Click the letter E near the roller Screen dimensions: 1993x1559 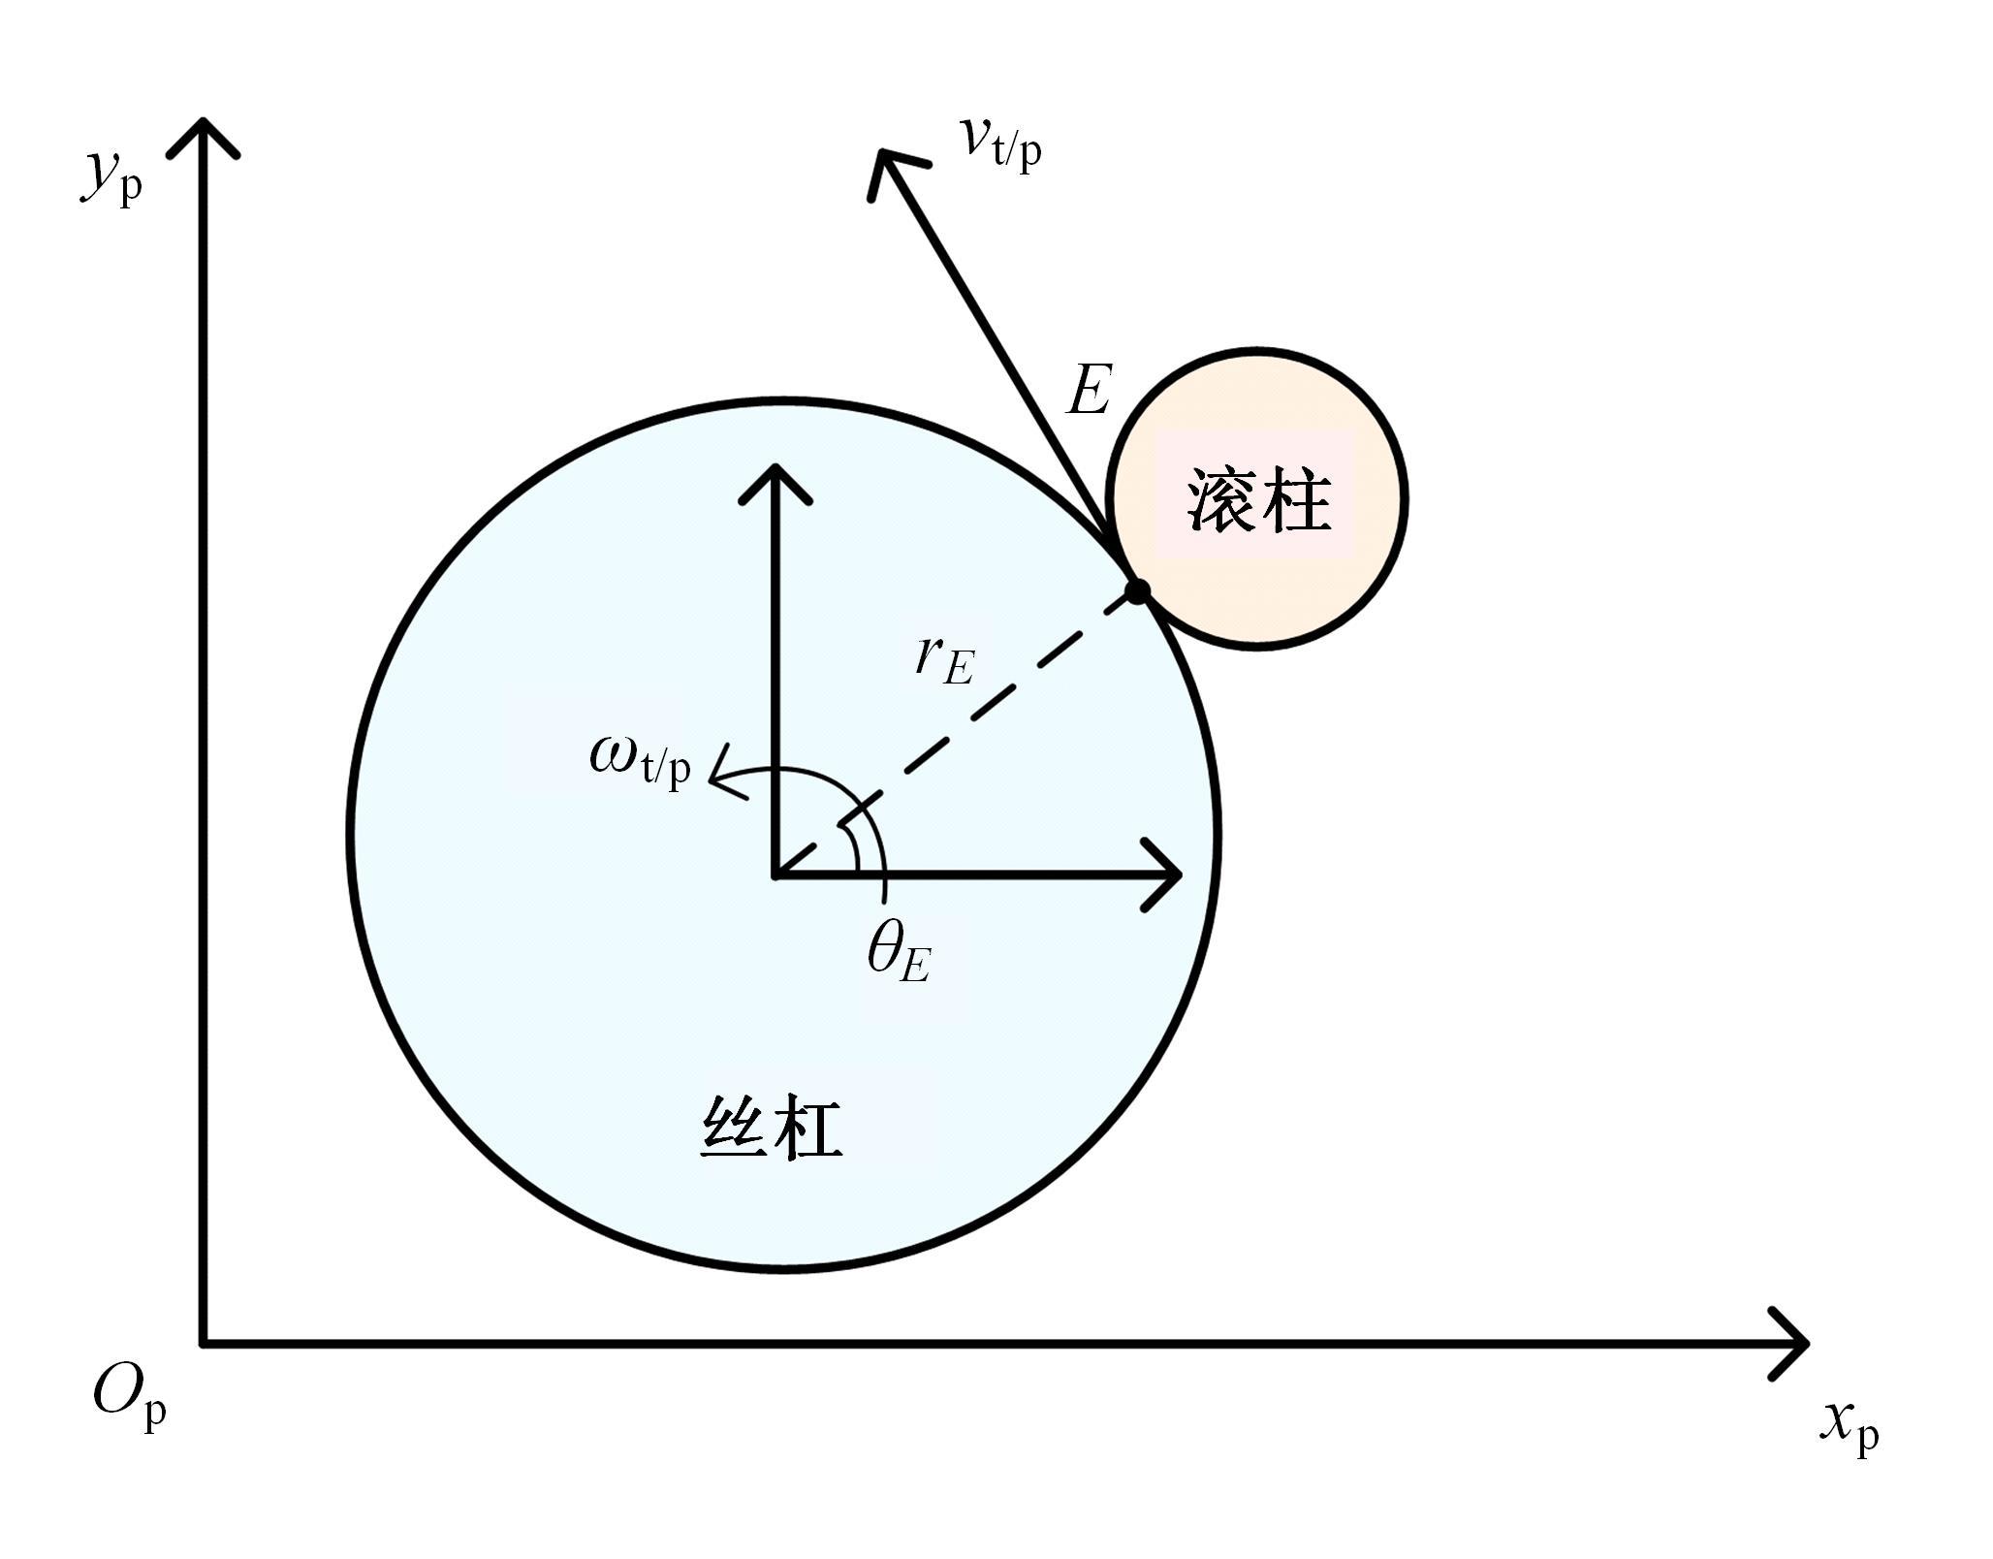click(x=1088, y=391)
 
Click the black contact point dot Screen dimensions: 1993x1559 click(x=1137, y=591)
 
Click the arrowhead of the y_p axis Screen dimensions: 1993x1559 click(x=203, y=122)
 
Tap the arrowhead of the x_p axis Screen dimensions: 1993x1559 click(x=1805, y=1343)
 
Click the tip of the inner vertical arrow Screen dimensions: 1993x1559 click(x=775, y=468)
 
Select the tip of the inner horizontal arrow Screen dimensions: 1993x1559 click(x=1179, y=875)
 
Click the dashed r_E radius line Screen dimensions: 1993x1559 click(x=956, y=733)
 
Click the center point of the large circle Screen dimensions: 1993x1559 click(x=775, y=875)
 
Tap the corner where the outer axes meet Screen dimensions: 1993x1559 click(x=203, y=1344)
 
